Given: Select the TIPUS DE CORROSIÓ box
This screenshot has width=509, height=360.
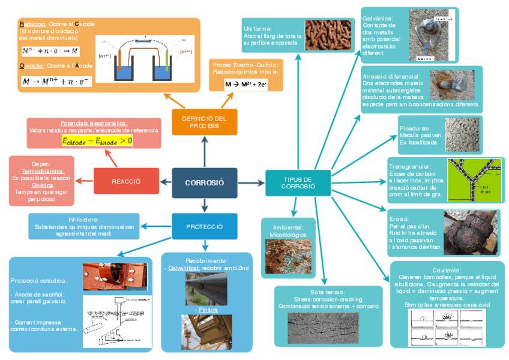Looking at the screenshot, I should (298, 182).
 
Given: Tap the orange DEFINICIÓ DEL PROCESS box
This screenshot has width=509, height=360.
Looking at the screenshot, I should (204, 122).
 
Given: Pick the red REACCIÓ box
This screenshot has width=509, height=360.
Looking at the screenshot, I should (126, 181).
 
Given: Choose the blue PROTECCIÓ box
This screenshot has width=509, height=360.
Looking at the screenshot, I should (204, 227).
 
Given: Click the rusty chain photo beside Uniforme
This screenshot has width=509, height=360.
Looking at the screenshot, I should (324, 35).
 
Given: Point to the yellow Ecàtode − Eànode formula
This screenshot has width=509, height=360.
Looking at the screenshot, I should (97, 140).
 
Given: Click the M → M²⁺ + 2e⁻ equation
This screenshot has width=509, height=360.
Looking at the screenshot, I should (246, 85).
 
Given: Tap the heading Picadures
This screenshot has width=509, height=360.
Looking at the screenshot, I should (414, 128).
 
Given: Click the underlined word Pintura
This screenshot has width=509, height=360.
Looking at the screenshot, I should (206, 310).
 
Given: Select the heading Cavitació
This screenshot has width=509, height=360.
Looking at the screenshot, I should (447, 271).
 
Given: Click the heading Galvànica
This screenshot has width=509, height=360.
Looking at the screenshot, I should (378, 18).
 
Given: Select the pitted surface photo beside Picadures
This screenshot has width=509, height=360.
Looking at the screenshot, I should (461, 135).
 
